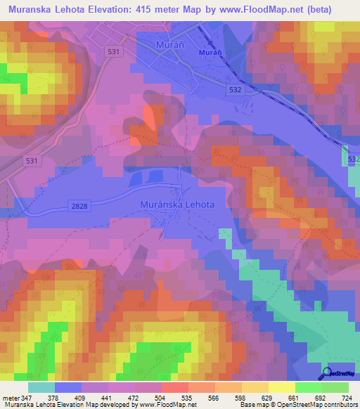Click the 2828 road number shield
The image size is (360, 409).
pos(79,204)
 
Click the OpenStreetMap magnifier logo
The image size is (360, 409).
pos(328,374)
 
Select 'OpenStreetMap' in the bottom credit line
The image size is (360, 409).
pos(294,405)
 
